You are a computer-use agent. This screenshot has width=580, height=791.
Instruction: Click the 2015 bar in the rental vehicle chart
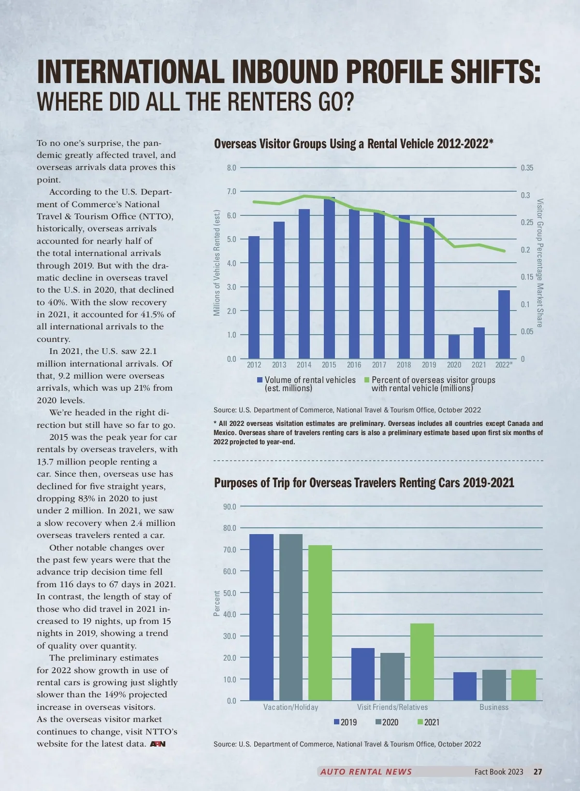click(329, 278)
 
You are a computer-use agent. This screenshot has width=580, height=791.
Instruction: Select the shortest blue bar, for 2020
click(454, 346)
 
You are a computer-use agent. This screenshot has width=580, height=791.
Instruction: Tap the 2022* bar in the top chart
click(504, 324)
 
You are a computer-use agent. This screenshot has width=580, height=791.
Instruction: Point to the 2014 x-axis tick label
click(304, 365)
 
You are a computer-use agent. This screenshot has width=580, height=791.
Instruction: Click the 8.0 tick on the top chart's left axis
click(232, 168)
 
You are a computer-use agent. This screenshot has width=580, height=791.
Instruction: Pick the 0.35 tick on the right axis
click(527, 168)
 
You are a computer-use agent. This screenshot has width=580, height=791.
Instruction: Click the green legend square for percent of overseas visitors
click(367, 381)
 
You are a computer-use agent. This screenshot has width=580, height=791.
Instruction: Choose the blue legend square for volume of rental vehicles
click(260, 381)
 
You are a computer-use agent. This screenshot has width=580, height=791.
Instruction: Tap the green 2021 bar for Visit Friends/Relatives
click(422, 662)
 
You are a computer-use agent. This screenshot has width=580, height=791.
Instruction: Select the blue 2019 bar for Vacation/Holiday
click(261, 617)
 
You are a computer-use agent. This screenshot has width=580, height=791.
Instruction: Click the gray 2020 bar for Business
click(494, 685)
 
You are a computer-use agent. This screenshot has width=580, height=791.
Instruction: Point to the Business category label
click(493, 707)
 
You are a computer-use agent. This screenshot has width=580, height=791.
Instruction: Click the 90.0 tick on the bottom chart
click(230, 507)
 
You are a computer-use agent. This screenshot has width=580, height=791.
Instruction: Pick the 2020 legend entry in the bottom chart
click(387, 722)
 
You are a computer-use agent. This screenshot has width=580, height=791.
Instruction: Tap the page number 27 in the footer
click(537, 772)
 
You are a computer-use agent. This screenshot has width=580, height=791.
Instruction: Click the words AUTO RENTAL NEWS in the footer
click(366, 772)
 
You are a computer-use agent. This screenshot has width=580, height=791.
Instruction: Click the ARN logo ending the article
click(158, 744)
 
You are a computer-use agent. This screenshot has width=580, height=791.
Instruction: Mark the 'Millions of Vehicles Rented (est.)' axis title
click(217, 263)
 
